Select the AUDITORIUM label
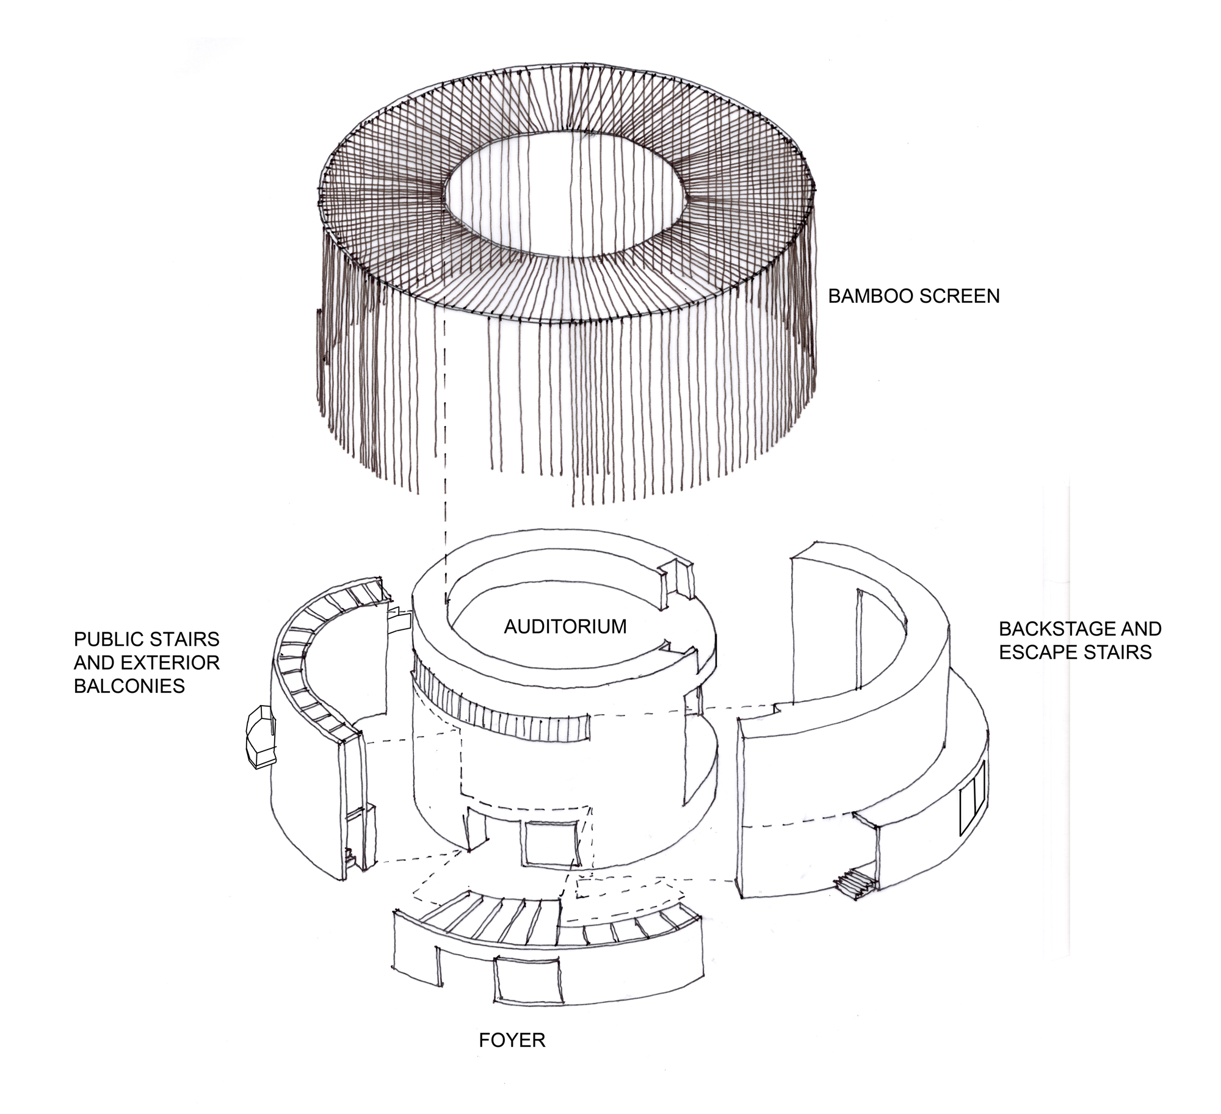(565, 626)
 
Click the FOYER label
(512, 1040)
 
